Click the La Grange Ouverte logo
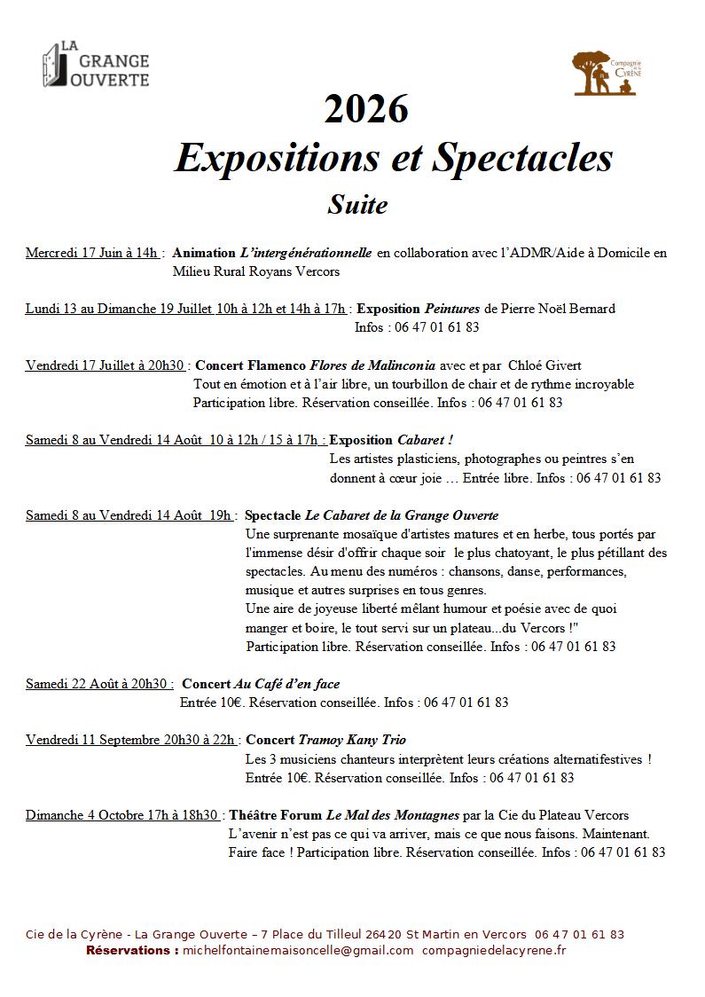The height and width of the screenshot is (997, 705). coord(96,65)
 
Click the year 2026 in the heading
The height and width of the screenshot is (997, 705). coord(366,110)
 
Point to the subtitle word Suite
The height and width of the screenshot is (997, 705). coord(357,205)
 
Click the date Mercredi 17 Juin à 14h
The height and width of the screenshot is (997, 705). coord(92,253)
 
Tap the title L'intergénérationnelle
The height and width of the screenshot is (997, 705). coord(306,253)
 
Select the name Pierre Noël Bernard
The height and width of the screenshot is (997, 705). coord(559,309)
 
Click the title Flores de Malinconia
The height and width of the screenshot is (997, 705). coord(372,365)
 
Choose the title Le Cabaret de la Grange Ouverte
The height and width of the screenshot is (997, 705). coord(402,515)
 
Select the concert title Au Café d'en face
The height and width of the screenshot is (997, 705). coord(286,684)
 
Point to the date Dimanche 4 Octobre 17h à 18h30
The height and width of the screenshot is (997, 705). coord(122,815)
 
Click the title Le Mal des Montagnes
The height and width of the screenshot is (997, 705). coord(393,815)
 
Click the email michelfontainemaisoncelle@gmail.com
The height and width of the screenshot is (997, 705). coord(298,950)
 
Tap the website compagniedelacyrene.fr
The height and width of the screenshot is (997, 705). coord(495,950)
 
